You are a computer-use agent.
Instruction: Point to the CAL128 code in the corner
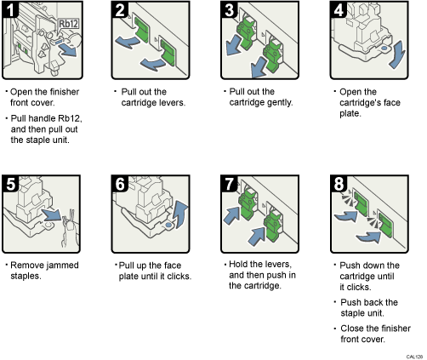(x=414, y=355)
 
